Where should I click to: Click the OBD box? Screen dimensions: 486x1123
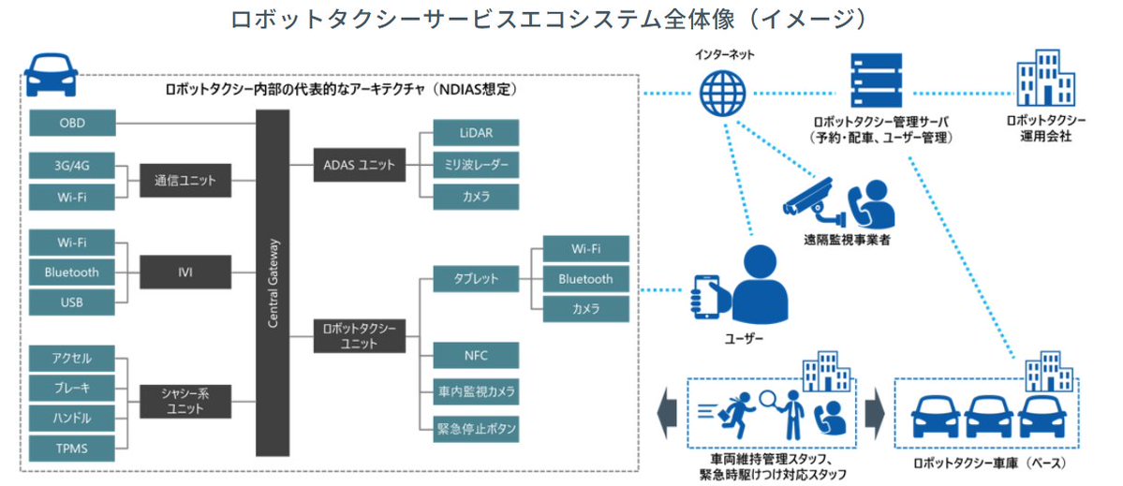(x=72, y=124)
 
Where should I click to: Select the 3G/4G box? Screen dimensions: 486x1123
(x=72, y=166)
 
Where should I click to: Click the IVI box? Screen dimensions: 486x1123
(x=185, y=272)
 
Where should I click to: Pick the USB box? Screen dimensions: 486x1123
(x=72, y=302)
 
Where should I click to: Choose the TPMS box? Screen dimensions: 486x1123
(x=72, y=448)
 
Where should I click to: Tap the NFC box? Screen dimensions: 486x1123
(x=476, y=355)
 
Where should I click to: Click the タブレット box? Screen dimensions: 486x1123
(x=476, y=278)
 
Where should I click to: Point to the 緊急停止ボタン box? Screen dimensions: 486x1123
(x=476, y=429)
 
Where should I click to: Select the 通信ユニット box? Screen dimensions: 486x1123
(x=185, y=180)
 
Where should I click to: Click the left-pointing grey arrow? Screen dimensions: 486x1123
(x=668, y=413)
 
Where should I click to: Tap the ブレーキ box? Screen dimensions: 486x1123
(x=72, y=387)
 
